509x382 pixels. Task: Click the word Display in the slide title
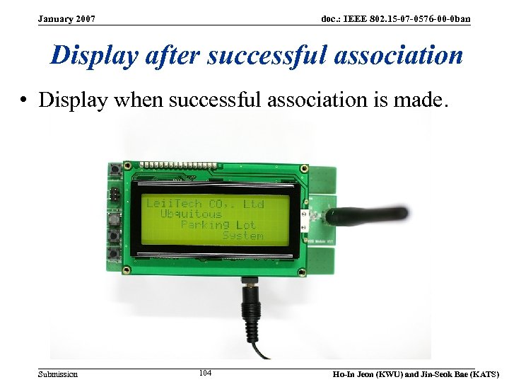94,55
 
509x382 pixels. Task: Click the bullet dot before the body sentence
23,100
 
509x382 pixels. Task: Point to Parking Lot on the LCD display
218,225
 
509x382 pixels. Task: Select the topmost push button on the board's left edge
113,170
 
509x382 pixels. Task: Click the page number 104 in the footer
206,373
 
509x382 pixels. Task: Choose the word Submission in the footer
58,374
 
